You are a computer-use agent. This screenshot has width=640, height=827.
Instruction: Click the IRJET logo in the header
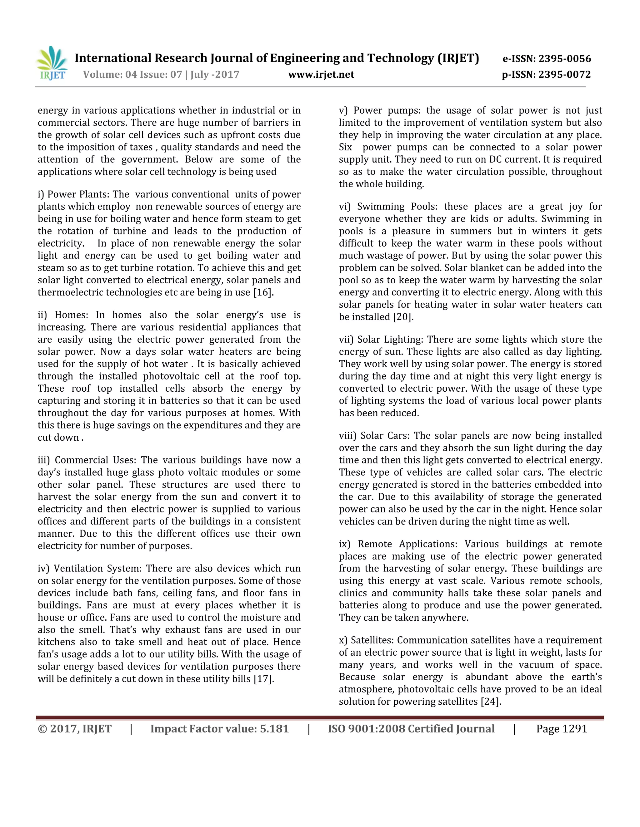(x=52, y=64)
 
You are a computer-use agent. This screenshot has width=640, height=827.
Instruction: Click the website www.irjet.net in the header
(x=321, y=75)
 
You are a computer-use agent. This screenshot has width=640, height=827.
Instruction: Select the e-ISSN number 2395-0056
(x=565, y=59)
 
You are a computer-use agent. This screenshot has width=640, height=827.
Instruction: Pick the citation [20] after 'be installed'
(x=402, y=317)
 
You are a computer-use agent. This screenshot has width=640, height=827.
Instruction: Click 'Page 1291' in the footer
(x=561, y=729)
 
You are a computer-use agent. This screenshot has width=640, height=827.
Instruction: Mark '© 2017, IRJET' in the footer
(x=75, y=729)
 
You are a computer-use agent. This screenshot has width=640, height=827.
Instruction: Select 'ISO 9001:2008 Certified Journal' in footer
(x=411, y=729)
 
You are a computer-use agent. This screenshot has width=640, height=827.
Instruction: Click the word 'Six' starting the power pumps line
(x=345, y=147)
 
